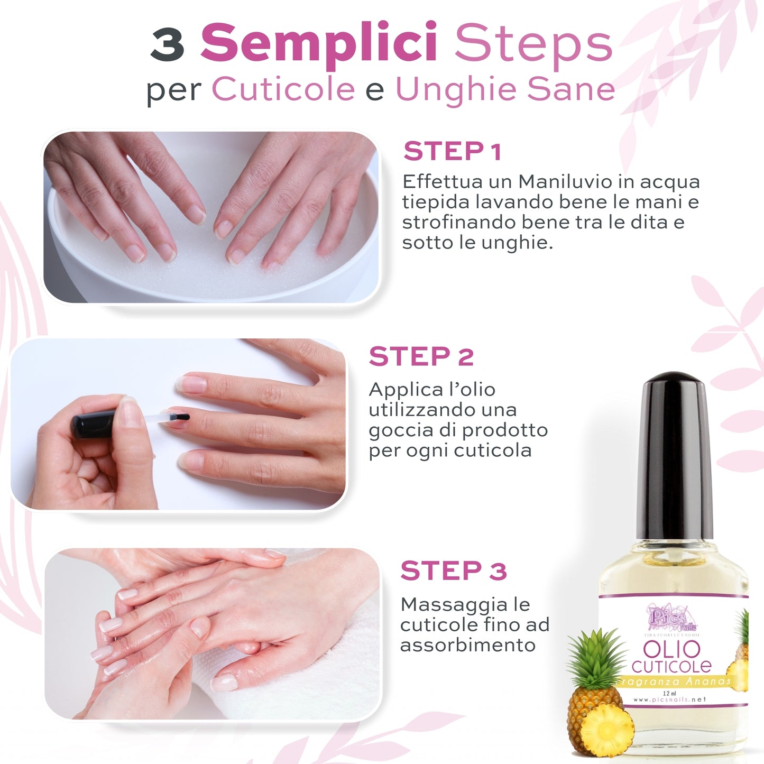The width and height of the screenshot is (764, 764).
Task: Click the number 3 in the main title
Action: (167, 44)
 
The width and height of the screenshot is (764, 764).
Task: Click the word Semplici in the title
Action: (319, 43)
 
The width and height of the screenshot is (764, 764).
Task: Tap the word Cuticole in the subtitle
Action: (283, 89)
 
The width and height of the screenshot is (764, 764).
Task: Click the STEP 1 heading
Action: (452, 152)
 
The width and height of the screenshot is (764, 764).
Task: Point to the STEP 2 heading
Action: (421, 356)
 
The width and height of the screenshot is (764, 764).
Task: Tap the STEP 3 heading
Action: (454, 571)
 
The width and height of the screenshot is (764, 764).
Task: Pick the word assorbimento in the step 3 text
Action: (467, 645)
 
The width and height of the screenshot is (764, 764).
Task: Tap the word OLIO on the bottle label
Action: (671, 649)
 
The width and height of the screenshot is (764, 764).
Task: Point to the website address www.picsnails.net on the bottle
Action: (670, 699)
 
